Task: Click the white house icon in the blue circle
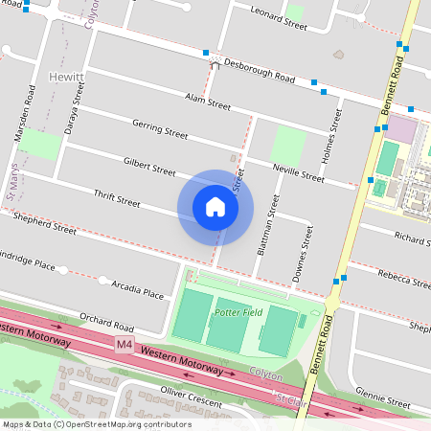pyautogui.click(x=215, y=207)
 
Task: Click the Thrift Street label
pyautogui.click(x=117, y=199)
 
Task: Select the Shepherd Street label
pyautogui.click(x=44, y=225)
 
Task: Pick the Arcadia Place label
pyautogui.click(x=138, y=289)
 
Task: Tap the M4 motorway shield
pyautogui.click(x=125, y=343)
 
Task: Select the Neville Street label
pyautogui.click(x=299, y=172)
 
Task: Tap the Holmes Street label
pyautogui.click(x=335, y=133)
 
